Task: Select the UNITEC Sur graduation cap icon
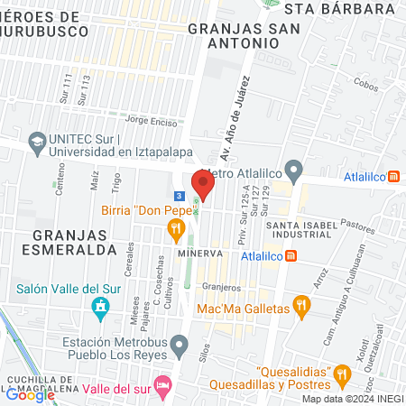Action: (x=37, y=143)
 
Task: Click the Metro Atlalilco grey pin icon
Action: (x=292, y=170)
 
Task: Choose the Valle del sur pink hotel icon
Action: (x=162, y=386)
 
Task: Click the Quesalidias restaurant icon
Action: (x=341, y=372)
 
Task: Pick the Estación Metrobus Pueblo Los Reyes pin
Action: (x=180, y=343)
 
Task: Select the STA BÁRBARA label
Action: (x=339, y=9)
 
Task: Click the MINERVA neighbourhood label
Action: (x=199, y=254)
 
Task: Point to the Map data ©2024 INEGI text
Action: (x=352, y=399)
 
